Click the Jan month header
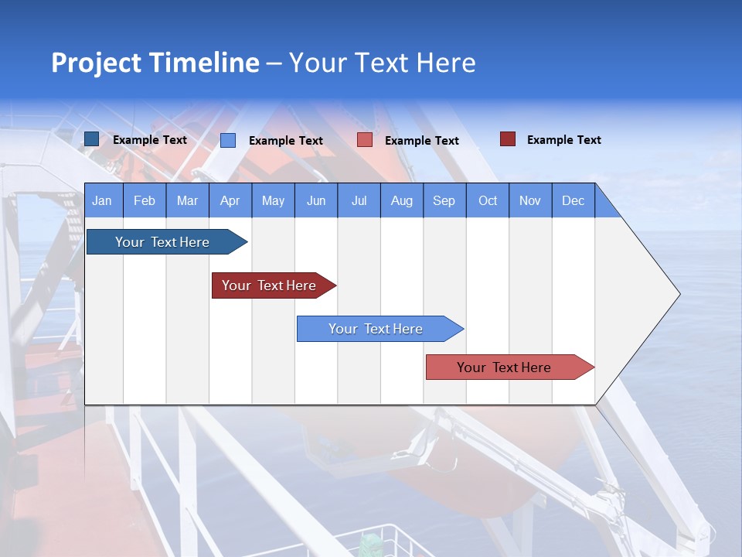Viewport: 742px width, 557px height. [103, 200]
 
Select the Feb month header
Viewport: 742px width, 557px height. [145, 200]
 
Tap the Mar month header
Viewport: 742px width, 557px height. [187, 200]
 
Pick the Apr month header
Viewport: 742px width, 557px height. [230, 200]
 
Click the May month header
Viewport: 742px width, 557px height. [273, 200]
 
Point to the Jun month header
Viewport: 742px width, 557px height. [316, 200]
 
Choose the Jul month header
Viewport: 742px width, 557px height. [359, 200]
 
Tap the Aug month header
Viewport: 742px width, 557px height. [402, 200]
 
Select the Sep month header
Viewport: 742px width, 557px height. [444, 200]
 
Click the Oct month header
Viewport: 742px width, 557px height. [488, 200]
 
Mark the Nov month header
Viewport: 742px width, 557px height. [530, 200]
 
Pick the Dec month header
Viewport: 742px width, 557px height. [574, 200]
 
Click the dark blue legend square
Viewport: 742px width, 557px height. [91, 139]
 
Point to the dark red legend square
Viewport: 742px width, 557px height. [507, 139]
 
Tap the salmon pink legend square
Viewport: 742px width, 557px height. [365, 140]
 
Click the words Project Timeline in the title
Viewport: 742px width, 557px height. [155, 63]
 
